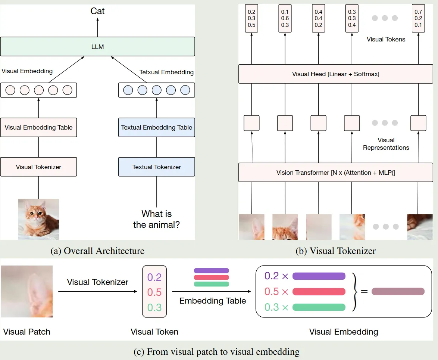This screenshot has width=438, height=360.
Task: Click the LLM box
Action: click(97, 46)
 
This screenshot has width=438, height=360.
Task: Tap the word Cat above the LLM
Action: click(97, 11)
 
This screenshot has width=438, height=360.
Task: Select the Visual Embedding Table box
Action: click(38, 127)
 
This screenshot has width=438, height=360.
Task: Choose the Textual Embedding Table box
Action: click(156, 127)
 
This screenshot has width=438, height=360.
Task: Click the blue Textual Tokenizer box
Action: click(156, 167)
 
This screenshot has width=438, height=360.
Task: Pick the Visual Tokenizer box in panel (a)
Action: click(38, 167)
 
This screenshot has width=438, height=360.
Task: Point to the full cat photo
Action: click(38, 219)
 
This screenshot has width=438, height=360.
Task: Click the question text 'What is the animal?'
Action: click(156, 219)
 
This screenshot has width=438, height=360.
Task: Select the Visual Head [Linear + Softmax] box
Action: click(335, 74)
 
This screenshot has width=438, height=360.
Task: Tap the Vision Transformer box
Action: click(335, 173)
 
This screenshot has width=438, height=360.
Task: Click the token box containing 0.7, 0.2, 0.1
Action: click(418, 18)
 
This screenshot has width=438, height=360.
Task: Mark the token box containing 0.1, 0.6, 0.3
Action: click(285, 18)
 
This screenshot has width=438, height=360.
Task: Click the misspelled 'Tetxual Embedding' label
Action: click(166, 72)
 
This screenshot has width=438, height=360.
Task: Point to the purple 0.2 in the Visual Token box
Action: click(154, 277)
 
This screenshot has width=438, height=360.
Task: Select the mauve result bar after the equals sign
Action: click(398, 291)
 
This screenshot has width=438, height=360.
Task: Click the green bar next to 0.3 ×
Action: click(319, 307)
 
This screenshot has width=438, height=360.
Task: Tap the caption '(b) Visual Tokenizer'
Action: click(335, 251)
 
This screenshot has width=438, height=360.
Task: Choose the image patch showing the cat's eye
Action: click(352, 227)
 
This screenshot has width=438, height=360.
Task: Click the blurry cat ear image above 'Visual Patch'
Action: click(27, 291)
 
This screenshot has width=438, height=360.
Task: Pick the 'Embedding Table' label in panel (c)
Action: click(213, 301)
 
